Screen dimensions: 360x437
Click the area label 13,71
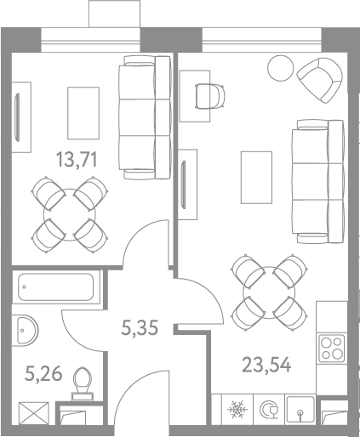pos(77,159)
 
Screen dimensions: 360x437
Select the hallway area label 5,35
pos(140,327)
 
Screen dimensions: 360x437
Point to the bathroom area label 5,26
pos(43,373)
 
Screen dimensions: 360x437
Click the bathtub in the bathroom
pos(56,287)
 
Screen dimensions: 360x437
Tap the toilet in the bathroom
pos(83,384)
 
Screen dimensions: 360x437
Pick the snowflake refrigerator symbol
pos(237,409)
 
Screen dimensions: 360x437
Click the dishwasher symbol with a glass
pos(269,409)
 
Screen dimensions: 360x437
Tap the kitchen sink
pos(300,409)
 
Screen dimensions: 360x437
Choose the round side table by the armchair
pos(280,68)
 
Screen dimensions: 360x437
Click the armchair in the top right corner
pos(320,80)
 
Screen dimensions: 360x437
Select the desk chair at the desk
pos(210,96)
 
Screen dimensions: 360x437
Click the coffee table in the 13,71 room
pos(83,113)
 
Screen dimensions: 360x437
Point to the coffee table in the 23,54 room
pos(256,178)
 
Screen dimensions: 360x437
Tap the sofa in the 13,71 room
pos(145,117)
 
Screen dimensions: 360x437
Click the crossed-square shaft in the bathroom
pos(34,413)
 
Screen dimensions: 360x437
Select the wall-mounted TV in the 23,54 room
pos(184,184)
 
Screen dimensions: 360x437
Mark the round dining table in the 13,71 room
pos(70,215)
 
